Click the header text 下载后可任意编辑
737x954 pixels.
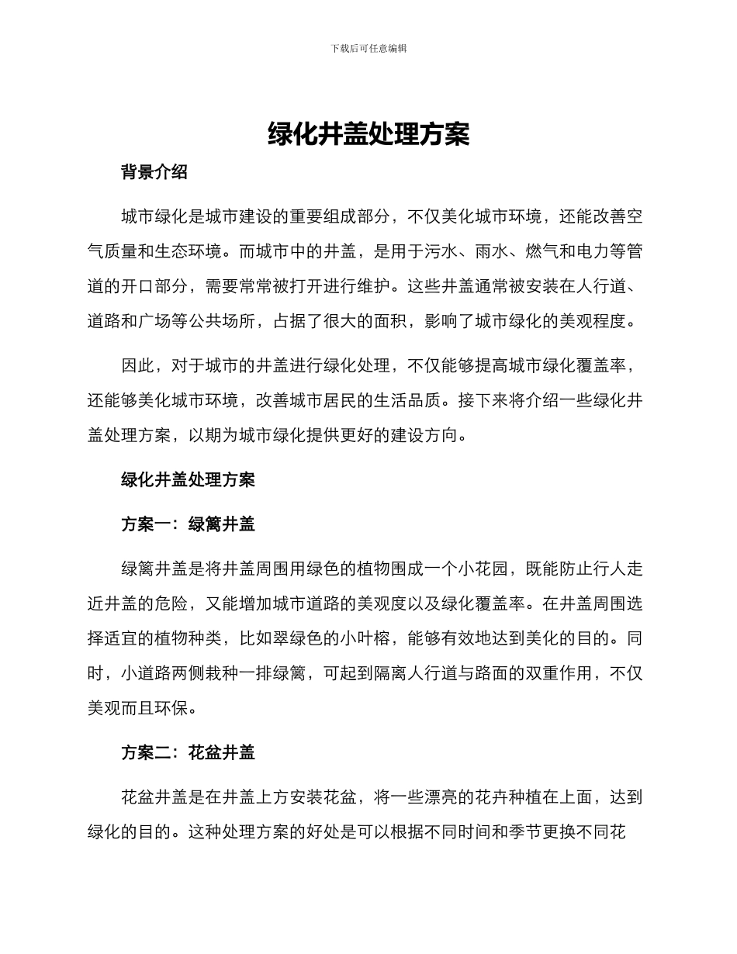pos(368,48)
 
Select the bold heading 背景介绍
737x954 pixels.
pos(154,172)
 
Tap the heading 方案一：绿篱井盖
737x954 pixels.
pos(188,524)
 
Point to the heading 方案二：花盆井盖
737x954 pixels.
pos(188,752)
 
